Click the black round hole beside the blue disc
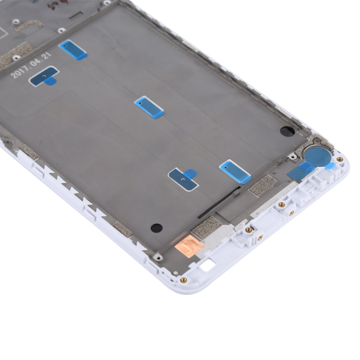pos(287,131)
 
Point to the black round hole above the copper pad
pos(156,228)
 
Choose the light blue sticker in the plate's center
pos(149,107)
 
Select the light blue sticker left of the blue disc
pos(235,171)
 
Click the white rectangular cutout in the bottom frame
pos(208,265)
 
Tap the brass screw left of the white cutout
pos(183,280)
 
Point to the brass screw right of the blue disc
pos(340,159)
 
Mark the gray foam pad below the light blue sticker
pos(264,185)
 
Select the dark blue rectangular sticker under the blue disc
pos(301,171)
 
